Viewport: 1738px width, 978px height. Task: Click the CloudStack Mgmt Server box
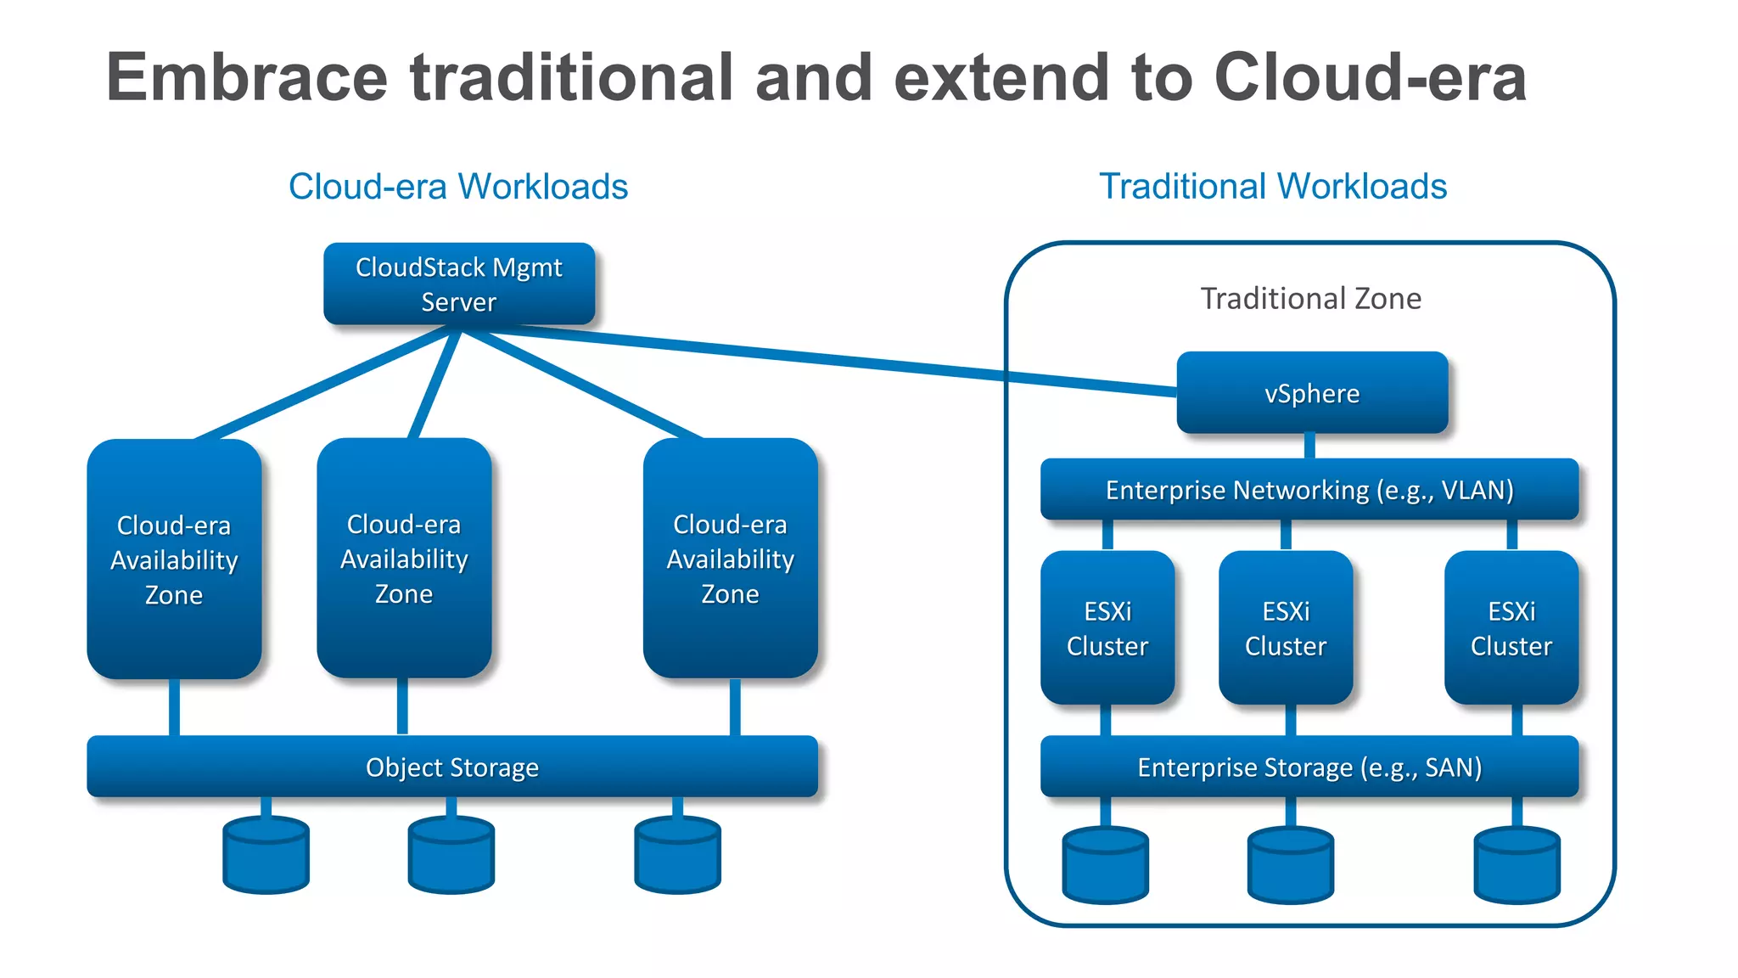[459, 284]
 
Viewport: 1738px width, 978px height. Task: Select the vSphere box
[1312, 393]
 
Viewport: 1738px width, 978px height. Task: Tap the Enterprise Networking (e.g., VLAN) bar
[1309, 490]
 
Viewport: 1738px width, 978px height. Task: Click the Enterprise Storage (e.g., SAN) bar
[1309, 767]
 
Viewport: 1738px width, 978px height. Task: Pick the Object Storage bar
[452, 767]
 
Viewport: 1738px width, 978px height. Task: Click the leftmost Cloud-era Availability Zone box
[174, 559]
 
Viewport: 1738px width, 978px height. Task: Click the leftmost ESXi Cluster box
[1107, 628]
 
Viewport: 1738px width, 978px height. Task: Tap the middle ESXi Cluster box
[1286, 628]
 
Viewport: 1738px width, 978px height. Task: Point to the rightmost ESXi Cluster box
[1511, 628]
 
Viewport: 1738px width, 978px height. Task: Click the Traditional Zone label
[1310, 299]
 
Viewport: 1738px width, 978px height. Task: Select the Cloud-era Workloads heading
[458, 187]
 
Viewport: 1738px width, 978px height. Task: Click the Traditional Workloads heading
[1273, 187]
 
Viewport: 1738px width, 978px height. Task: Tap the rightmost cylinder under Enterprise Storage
[1517, 866]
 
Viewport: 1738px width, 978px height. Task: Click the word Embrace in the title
[247, 78]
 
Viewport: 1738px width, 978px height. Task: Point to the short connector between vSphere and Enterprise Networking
[1309, 446]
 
